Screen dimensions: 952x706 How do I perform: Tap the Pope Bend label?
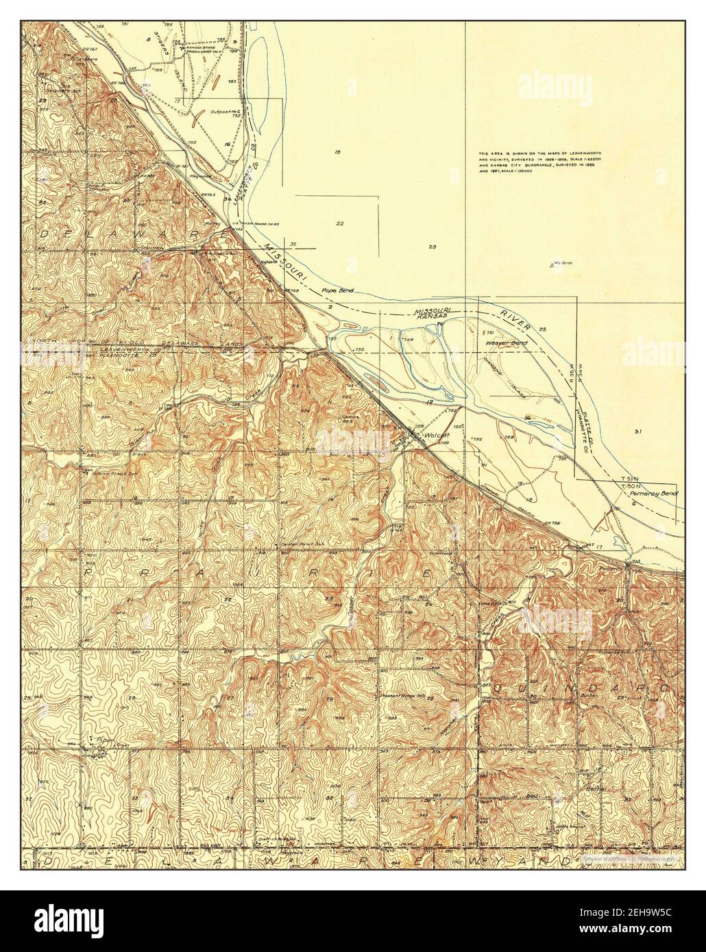tap(337, 291)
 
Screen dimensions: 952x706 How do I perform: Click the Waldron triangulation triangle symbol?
tap(552, 264)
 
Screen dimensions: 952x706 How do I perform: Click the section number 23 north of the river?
tap(433, 247)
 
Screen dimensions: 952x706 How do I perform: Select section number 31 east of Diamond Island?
tap(637, 431)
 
